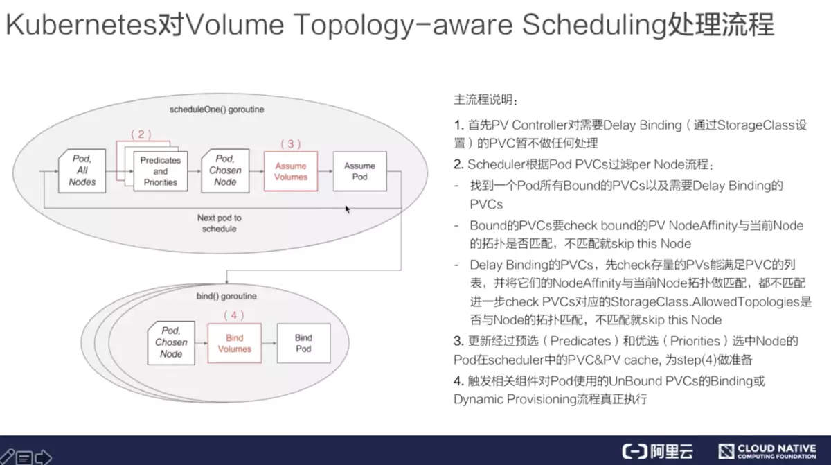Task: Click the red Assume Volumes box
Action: [x=291, y=171]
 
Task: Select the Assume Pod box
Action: [x=359, y=171]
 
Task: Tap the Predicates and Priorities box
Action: [x=160, y=171]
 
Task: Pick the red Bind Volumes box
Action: [x=235, y=343]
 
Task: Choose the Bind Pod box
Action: [x=303, y=343]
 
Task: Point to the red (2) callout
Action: [x=141, y=134]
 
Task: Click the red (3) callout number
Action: [x=290, y=143]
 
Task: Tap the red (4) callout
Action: [x=234, y=315]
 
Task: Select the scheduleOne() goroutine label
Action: [x=217, y=109]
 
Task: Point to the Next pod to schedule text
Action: [x=220, y=223]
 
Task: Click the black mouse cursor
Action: [x=348, y=209]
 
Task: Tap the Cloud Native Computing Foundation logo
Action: [x=767, y=452]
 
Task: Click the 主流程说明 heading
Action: [x=485, y=100]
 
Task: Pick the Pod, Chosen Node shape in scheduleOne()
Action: [x=225, y=170]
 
